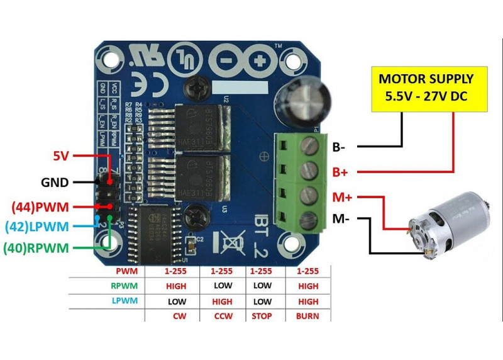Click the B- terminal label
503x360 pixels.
tap(339, 147)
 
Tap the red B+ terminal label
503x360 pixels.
tap(340, 172)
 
